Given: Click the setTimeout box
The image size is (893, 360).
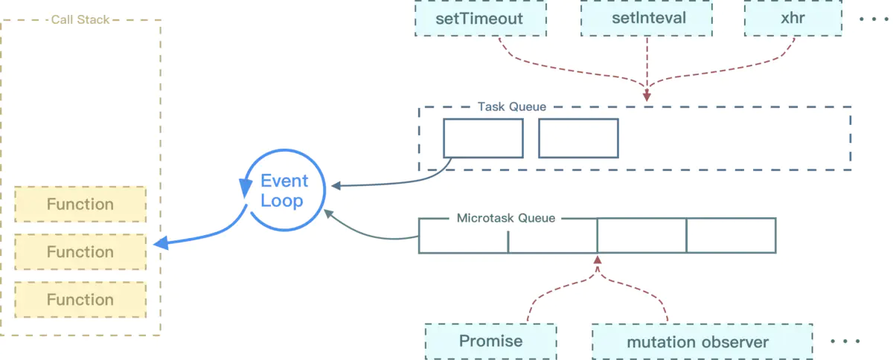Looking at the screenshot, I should (480, 19).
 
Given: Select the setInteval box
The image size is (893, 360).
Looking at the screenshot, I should (647, 19).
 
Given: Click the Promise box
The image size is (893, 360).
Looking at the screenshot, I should (490, 341).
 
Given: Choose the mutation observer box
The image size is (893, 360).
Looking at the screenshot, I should (697, 342).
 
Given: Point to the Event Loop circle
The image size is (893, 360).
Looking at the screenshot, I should (282, 190).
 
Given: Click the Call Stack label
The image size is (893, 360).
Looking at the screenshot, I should (80, 20).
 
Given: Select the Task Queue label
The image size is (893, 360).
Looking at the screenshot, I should (511, 107).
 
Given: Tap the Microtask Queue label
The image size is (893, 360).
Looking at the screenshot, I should (505, 219).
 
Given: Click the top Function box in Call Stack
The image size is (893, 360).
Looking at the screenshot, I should (80, 205).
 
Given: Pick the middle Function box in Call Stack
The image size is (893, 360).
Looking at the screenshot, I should (80, 252).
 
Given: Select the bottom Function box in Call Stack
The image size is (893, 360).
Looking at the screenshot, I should (80, 300).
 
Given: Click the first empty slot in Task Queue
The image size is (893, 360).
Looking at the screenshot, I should (483, 138).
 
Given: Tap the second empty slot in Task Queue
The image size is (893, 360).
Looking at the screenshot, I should (578, 138).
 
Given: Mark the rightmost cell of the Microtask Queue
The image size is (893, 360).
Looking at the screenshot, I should (731, 236).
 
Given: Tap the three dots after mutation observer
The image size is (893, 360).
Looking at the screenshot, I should (845, 341).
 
